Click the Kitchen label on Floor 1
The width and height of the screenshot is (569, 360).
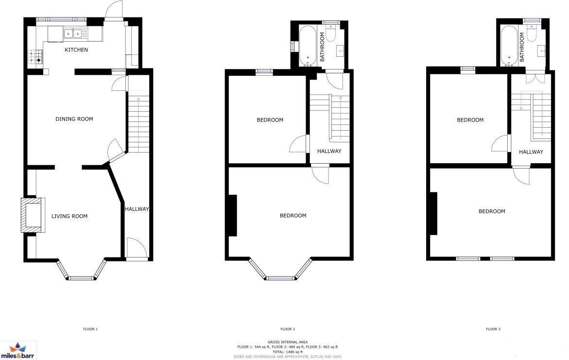(x=77, y=50)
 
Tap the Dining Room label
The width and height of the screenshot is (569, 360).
(x=74, y=119)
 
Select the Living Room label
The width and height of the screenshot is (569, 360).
(x=69, y=216)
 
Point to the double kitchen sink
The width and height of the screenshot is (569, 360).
(x=72, y=34)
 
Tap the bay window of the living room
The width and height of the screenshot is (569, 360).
(x=81, y=277)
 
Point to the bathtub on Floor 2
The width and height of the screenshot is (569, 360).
(x=307, y=46)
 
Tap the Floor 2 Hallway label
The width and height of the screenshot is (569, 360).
(x=329, y=151)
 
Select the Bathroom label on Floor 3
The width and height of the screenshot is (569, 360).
(x=522, y=47)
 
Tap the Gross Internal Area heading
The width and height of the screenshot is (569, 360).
(x=287, y=342)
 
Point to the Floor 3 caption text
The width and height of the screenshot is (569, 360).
(x=493, y=329)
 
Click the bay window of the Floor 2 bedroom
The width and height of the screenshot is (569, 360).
(x=281, y=277)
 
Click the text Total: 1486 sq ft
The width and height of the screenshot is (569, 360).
(x=287, y=352)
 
